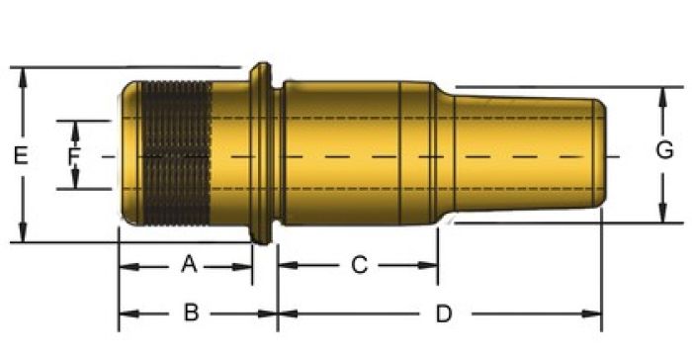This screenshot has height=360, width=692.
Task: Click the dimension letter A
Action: tap(189, 265)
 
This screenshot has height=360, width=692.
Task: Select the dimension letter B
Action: tap(191, 313)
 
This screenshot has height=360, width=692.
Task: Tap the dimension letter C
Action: tap(359, 265)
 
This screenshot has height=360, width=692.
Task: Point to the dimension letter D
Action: tap(444, 314)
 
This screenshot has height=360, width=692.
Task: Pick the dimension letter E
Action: tap(21, 155)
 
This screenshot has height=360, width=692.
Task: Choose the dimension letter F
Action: tap(74, 156)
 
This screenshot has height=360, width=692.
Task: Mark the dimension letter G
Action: tap(664, 150)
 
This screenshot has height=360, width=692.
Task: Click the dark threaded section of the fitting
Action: tap(176, 153)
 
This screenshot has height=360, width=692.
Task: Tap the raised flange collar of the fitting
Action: tap(261, 153)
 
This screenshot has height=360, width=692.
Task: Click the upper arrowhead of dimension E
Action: tap(23, 78)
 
